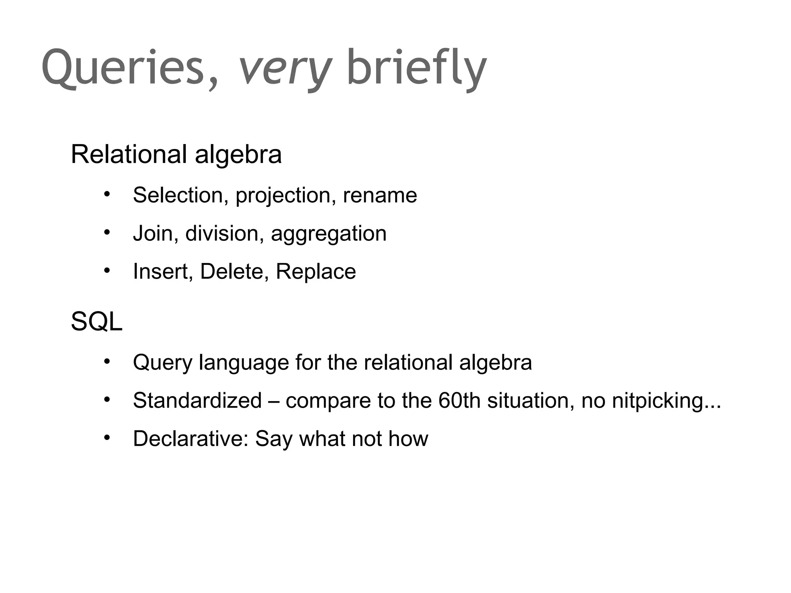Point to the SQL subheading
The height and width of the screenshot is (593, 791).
[x=97, y=321]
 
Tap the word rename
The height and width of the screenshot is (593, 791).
[x=380, y=195]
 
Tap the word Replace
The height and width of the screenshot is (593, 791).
[x=316, y=272]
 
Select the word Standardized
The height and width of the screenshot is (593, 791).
[x=197, y=400]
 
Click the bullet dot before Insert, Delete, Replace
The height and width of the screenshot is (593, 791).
[x=107, y=271]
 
